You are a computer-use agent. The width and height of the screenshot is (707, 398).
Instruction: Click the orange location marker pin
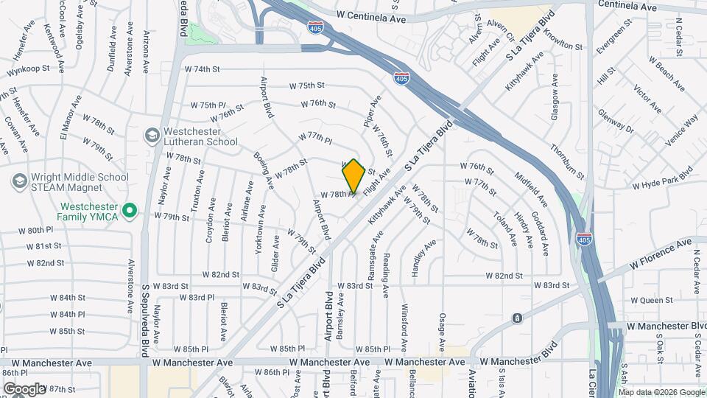point(353,176)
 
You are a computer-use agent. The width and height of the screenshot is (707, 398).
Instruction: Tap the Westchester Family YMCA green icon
point(130,212)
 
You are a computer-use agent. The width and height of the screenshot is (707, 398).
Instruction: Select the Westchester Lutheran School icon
point(152,136)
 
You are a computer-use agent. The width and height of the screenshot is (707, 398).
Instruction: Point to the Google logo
point(24,388)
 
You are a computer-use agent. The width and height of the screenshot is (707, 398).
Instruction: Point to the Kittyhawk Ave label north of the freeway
point(524,71)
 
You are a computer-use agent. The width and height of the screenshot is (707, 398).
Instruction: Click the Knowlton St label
point(564,46)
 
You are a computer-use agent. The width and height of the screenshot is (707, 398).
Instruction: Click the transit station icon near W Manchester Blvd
point(518,318)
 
